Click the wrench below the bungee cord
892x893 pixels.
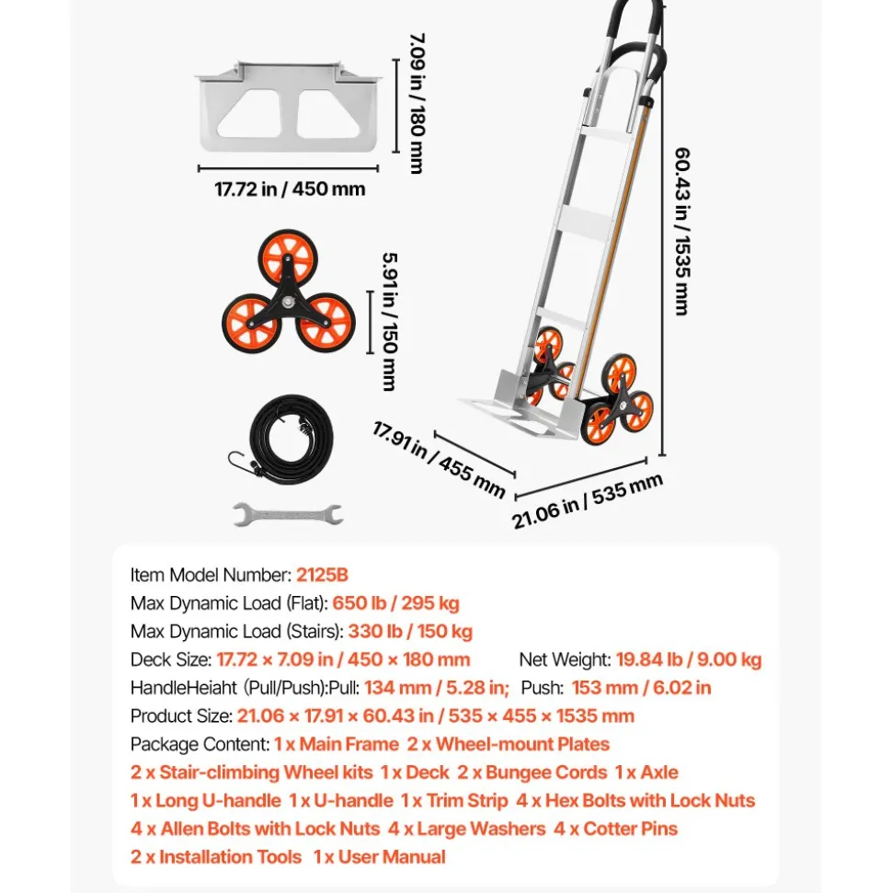point(288,514)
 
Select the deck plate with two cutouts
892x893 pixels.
point(288,107)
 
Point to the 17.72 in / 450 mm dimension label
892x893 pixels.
point(290,189)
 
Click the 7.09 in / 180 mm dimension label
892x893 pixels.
point(417,103)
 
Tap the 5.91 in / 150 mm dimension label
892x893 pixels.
point(390,322)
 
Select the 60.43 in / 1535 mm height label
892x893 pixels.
point(682,231)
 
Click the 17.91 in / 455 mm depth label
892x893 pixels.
point(439,460)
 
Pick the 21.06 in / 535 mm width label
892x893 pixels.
point(588,501)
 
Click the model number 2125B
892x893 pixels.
point(322,575)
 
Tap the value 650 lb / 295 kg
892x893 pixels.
point(395,603)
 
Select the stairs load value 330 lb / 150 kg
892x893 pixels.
point(410,632)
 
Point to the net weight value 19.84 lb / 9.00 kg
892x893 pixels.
point(689,659)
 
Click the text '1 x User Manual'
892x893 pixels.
point(380,857)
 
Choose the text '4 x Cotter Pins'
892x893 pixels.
point(616,829)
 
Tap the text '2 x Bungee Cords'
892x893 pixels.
point(532,773)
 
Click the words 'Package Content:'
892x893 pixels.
point(200,744)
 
